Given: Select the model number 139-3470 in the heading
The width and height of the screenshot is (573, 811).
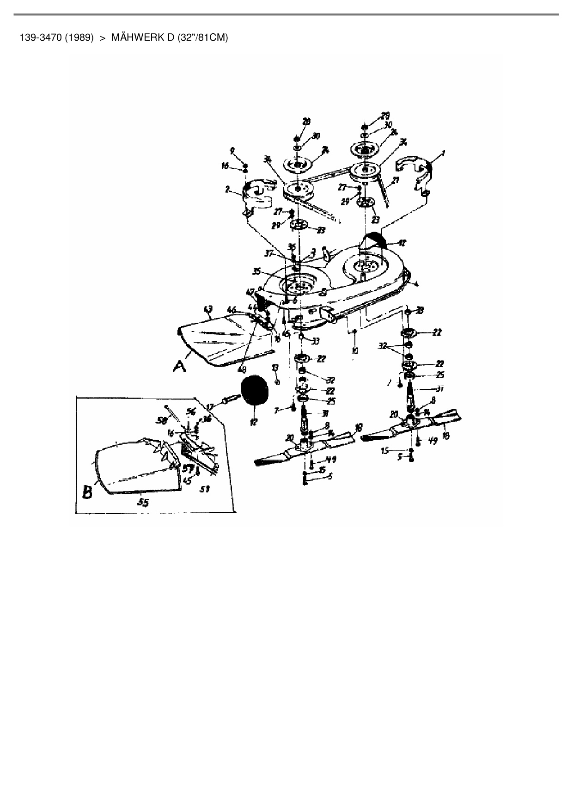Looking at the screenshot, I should click(41, 37).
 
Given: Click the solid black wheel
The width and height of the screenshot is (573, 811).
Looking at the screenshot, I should click(253, 391).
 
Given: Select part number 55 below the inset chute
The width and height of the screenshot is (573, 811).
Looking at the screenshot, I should click(144, 504).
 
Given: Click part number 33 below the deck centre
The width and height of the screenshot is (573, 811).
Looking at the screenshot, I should click(316, 341).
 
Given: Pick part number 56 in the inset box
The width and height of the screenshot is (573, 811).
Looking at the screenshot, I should click(190, 411).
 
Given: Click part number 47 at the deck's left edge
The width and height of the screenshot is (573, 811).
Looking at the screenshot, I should click(250, 292).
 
